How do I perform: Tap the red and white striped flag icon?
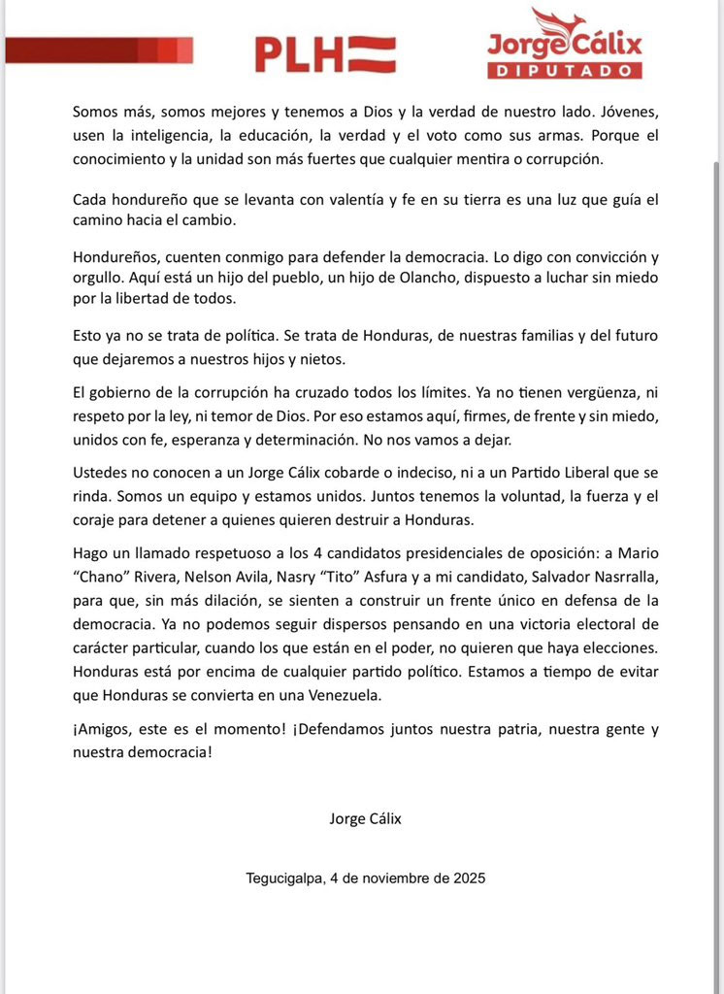click(x=372, y=54)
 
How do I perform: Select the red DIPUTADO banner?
click(x=564, y=71)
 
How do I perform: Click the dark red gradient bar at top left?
click(x=98, y=50)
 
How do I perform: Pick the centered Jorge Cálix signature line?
click(x=365, y=818)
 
